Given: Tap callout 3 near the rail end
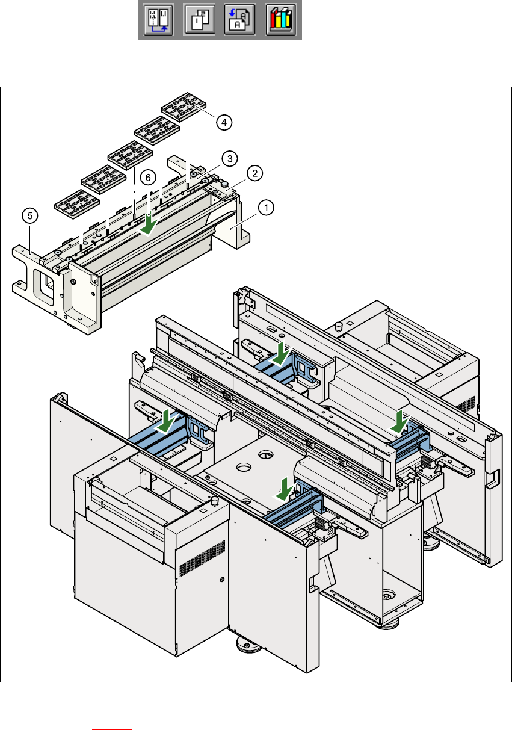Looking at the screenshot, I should pyautogui.click(x=229, y=159).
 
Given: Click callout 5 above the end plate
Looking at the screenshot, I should pyautogui.click(x=28, y=215).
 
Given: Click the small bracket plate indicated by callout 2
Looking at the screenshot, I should pyautogui.click(x=224, y=191).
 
